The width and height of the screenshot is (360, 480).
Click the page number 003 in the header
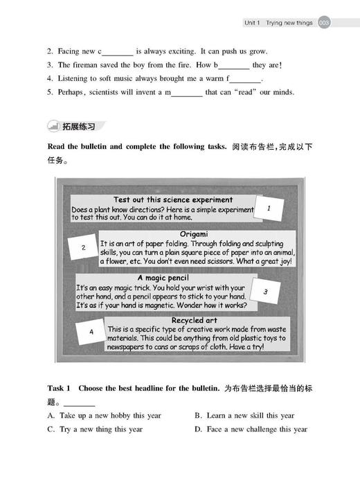(325, 23)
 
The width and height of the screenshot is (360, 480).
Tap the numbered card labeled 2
(83, 247)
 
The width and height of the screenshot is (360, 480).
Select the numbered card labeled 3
(264, 292)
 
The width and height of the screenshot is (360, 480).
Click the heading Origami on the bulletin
(194, 234)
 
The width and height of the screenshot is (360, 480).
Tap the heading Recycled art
(196, 320)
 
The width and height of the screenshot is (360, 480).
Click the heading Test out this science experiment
(163, 199)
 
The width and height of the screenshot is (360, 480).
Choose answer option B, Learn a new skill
(244, 416)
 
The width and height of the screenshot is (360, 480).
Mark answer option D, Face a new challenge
(251, 429)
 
